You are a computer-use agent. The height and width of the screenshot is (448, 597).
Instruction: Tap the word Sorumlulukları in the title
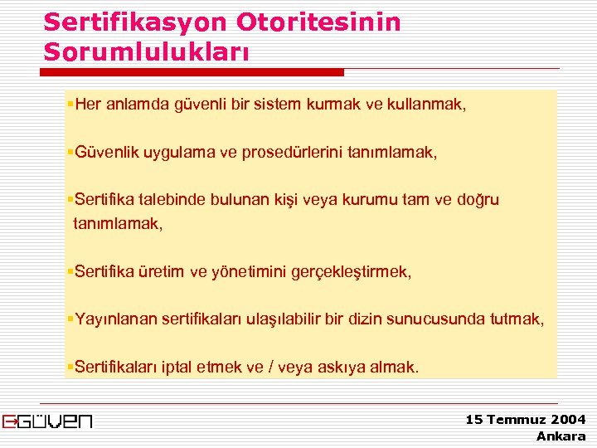tap(146, 51)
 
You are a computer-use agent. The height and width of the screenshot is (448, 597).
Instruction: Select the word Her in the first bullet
tap(87, 105)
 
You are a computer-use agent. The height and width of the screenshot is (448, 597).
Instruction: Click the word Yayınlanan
tap(115, 319)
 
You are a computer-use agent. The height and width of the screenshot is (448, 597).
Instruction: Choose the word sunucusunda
tap(440, 319)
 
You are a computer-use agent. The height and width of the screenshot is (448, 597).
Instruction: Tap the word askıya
tap(337, 367)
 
